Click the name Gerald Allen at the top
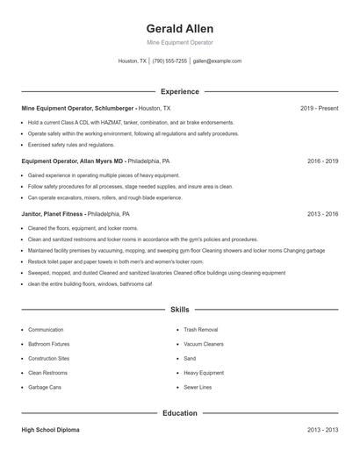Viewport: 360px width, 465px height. click(x=180, y=28)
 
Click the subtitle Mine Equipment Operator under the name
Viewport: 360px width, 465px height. click(x=180, y=43)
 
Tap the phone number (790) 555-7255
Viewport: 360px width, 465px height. click(x=169, y=61)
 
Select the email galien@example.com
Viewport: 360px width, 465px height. click(x=217, y=61)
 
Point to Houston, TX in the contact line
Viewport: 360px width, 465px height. click(x=133, y=61)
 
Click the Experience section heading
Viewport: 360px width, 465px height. click(x=180, y=91)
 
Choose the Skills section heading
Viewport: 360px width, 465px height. click(x=180, y=310)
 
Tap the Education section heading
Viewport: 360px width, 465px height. click(x=180, y=412)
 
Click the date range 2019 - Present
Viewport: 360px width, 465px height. click(x=319, y=108)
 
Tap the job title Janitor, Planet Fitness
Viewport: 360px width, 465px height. click(x=53, y=213)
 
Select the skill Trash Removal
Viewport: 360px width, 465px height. click(x=200, y=330)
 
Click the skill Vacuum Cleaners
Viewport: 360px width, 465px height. click(x=203, y=344)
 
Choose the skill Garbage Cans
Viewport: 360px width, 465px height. click(x=44, y=387)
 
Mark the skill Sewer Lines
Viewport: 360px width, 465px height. click(x=198, y=387)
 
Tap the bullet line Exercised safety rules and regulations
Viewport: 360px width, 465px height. click(x=70, y=145)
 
